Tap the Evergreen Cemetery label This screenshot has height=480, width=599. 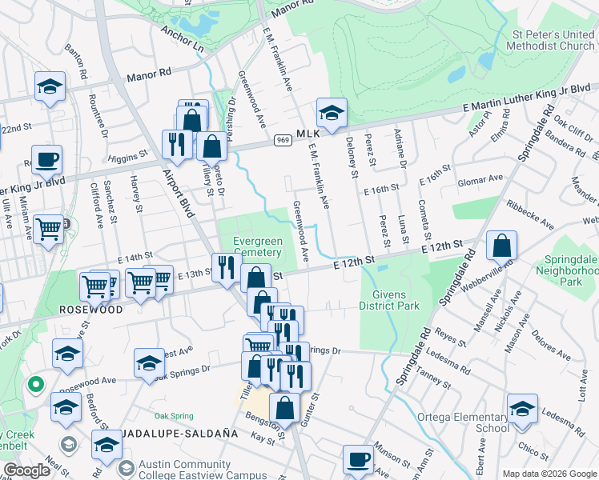point(257,246)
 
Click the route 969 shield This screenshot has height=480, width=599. point(283,141)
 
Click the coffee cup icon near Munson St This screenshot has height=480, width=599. point(359,460)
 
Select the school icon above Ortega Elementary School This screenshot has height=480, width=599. point(522,410)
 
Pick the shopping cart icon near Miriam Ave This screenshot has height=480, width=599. point(50,230)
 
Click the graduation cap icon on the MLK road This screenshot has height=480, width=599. point(331,112)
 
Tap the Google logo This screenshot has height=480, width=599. point(26,470)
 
